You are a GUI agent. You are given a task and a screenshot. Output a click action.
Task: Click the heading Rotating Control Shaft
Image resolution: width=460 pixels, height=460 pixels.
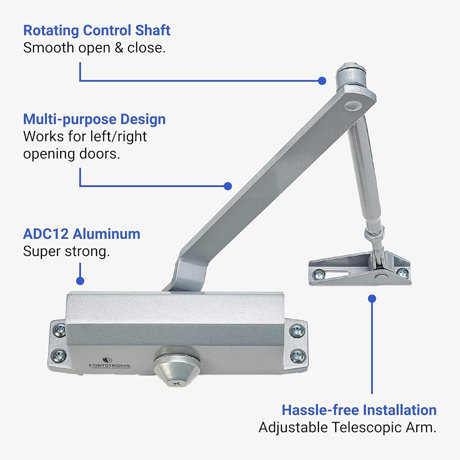pyautogui.click(x=97, y=30)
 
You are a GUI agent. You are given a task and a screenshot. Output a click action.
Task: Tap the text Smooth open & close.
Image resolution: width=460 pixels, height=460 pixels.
pyautogui.click(x=94, y=48)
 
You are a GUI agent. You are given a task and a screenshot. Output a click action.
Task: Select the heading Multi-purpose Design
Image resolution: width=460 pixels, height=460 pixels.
pyautogui.click(x=94, y=119)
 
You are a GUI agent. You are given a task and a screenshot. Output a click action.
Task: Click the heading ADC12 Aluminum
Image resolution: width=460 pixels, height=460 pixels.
pyautogui.click(x=82, y=234)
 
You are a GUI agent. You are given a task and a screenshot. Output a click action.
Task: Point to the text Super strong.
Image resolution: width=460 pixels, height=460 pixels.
pyautogui.click(x=66, y=251)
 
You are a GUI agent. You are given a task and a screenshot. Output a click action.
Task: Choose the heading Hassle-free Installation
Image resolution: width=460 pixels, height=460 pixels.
pyautogui.click(x=359, y=410)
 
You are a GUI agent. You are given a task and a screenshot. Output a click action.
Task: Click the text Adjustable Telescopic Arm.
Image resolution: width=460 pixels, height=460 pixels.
pyautogui.click(x=347, y=427)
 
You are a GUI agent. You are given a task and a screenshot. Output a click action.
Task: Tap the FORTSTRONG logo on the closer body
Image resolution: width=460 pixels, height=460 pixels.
pyautogui.click(x=109, y=363)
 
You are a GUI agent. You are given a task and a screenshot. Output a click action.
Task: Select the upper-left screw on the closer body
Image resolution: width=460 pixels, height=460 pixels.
pyautogui.click(x=59, y=330)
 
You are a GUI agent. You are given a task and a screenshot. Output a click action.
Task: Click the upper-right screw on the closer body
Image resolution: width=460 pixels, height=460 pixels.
pyautogui.click(x=297, y=331)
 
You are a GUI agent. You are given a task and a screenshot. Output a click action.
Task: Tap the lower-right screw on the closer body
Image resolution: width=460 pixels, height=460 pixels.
pyautogui.click(x=297, y=356)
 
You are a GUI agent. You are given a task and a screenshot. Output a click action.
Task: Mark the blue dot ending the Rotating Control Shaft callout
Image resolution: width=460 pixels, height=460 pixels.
pyautogui.click(x=322, y=81)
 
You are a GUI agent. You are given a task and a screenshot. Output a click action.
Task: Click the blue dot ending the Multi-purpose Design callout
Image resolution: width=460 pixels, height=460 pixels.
pyautogui.click(x=228, y=186)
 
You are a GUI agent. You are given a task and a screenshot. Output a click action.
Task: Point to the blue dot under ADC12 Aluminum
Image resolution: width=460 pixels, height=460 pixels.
pyautogui.click(x=80, y=281)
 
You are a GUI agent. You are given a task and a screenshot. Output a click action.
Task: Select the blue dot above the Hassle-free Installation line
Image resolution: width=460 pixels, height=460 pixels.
pyautogui.click(x=372, y=298)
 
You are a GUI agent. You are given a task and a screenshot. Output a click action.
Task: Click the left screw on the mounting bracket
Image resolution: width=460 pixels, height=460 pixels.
pyautogui.click(x=319, y=274)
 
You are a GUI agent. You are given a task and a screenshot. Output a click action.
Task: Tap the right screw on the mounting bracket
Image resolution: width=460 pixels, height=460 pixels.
pyautogui.click(x=402, y=272)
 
